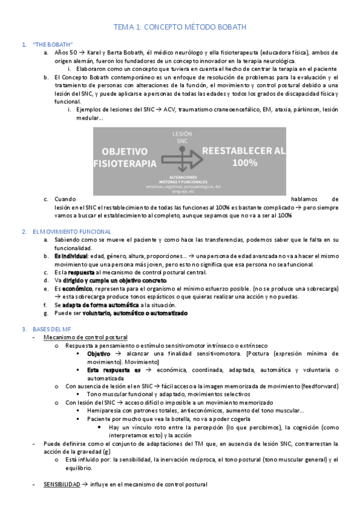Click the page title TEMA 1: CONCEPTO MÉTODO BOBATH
pos(180,27)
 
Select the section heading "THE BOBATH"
pos(53,45)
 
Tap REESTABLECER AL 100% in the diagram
pos(243,156)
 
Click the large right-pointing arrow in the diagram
pos(183,158)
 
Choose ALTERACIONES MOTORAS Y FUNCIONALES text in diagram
pos(188,180)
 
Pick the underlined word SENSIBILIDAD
pos(61,485)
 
